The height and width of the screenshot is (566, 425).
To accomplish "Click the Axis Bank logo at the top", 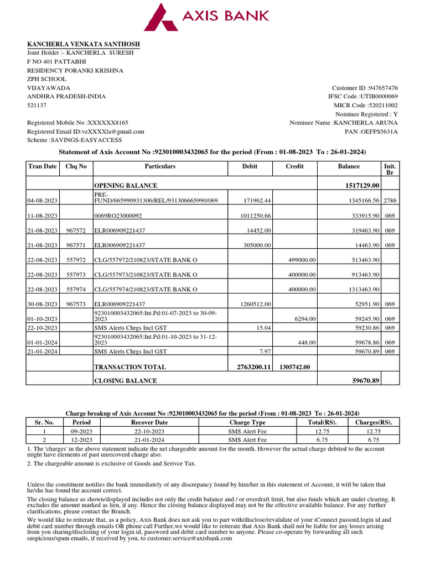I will click(x=207, y=17).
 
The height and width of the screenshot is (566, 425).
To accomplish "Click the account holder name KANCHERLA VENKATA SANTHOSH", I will click(x=84, y=44).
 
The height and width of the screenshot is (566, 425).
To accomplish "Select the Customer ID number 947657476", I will click(x=383, y=88).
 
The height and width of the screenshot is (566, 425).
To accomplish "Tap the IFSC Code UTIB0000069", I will click(x=379, y=97).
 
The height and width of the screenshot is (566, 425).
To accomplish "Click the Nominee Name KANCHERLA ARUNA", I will click(x=370, y=123).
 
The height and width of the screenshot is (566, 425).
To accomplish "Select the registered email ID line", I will click(x=86, y=132).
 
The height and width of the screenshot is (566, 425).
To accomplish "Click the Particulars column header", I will click(x=160, y=166).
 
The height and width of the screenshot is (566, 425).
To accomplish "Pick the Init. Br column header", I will click(x=390, y=169).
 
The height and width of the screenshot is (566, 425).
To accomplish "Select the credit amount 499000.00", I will click(x=301, y=259).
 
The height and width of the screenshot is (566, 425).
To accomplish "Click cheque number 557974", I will click(x=76, y=289).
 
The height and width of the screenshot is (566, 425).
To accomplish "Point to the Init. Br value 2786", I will click(x=390, y=201).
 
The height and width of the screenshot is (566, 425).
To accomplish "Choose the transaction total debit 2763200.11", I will click(x=251, y=366).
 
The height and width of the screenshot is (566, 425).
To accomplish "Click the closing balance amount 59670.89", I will click(x=366, y=380).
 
